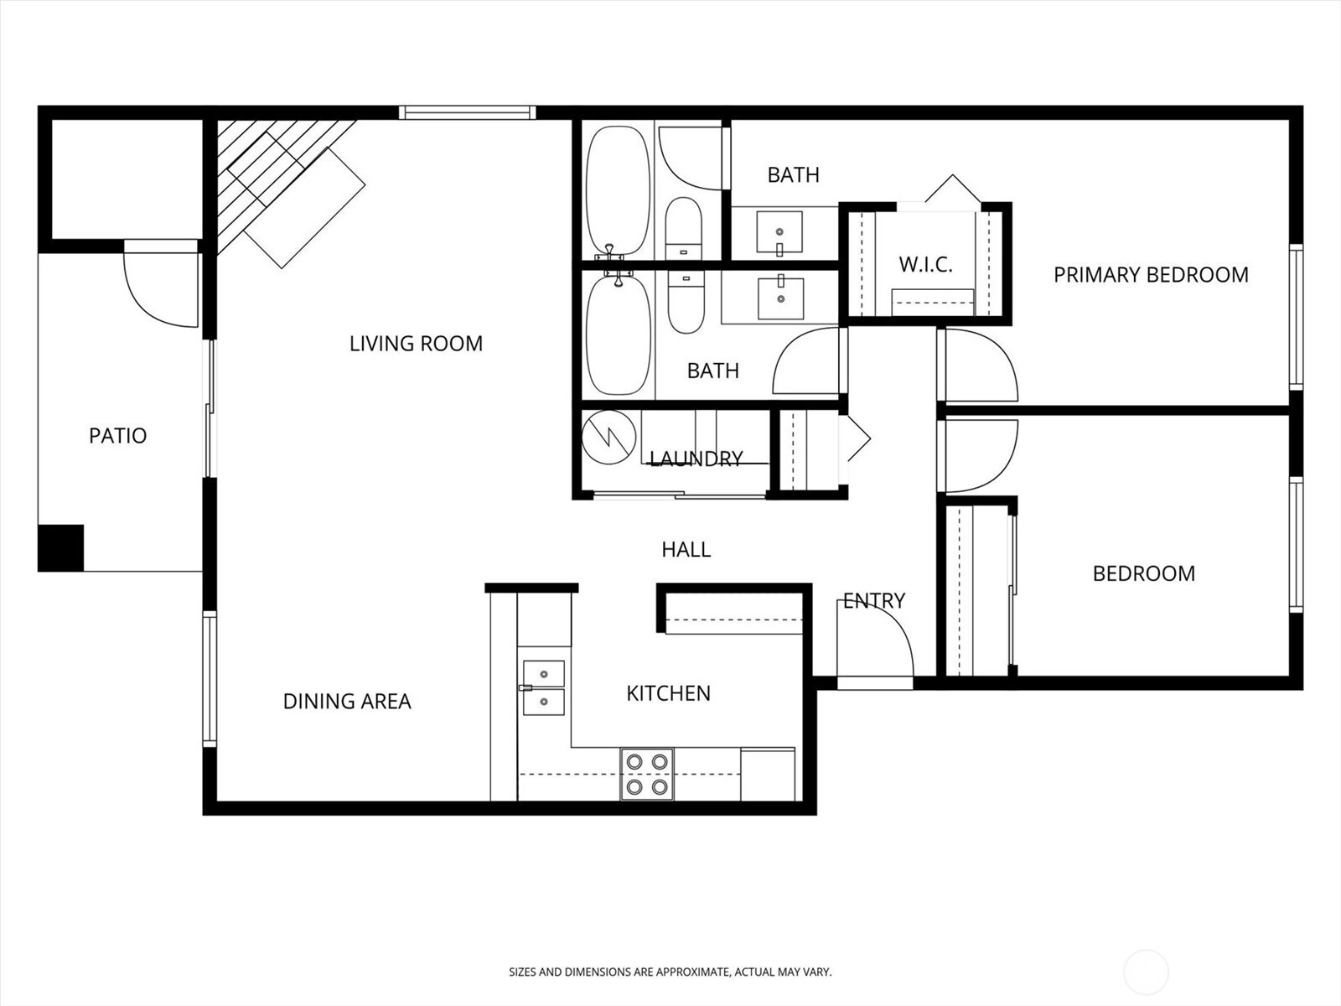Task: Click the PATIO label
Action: coord(118,435)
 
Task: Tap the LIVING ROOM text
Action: coord(416,343)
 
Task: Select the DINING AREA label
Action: coord(347,701)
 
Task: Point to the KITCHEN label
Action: coord(668,693)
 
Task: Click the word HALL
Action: coord(686,549)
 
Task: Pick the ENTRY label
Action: coord(873,600)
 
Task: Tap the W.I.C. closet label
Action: coord(925,264)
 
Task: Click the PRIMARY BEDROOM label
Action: coord(1151,275)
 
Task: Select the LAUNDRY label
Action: coord(696,458)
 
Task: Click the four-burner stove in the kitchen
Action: coord(647,774)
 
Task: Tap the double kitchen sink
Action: coord(543,687)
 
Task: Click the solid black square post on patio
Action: coord(60,547)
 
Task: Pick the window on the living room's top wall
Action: coord(468,112)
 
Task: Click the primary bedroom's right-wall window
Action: coord(1296,316)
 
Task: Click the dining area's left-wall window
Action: coord(210,678)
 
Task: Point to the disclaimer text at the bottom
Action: coord(670,972)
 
